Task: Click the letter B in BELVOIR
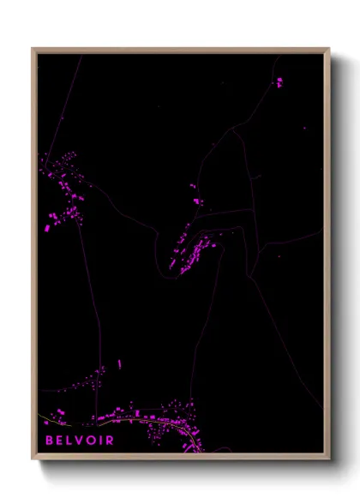pos(50,441)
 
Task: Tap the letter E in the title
pos(61,441)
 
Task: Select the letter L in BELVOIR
pos(71,441)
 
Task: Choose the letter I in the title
pos(102,441)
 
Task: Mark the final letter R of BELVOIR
pos(110,441)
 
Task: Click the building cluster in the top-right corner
pos(279,81)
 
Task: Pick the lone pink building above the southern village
pos(119,363)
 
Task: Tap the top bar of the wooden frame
pos(180,50)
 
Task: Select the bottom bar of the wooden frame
pos(180,457)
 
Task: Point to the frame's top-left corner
pos(34,50)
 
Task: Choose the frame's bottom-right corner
pos(327,457)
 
